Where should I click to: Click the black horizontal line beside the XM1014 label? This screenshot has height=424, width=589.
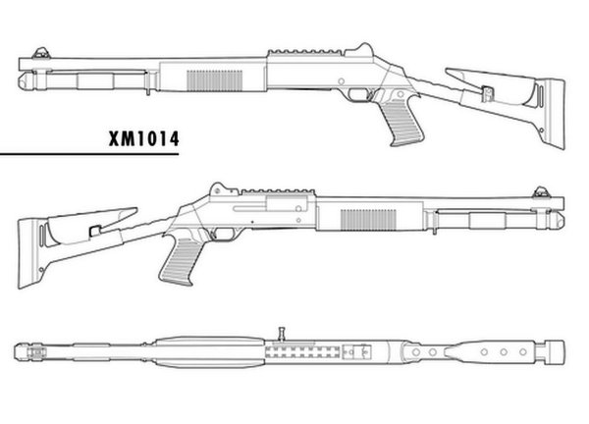[49, 154]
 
